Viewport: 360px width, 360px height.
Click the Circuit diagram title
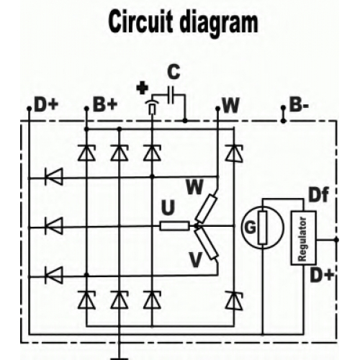(x=183, y=22)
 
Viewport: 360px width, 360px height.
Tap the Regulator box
(x=303, y=238)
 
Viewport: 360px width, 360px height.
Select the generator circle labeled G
(x=263, y=227)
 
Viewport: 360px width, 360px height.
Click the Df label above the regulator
(x=319, y=195)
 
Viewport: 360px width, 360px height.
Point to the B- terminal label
(x=299, y=105)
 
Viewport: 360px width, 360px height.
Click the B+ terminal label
(x=105, y=105)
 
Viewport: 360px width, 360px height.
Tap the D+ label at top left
(x=46, y=105)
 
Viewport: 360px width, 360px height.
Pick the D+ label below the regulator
(x=322, y=274)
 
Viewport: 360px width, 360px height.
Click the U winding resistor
(x=174, y=226)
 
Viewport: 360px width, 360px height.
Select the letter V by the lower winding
(x=196, y=260)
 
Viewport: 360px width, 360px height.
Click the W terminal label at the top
(x=230, y=105)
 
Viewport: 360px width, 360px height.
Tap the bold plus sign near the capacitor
(x=142, y=89)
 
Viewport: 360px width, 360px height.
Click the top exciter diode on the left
(x=54, y=176)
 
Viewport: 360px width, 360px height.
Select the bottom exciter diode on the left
(x=54, y=275)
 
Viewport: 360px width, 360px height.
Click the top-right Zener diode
(x=233, y=153)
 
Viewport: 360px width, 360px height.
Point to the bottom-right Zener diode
(x=233, y=300)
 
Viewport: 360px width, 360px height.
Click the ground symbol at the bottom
(x=120, y=359)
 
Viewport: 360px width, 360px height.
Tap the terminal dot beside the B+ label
(x=86, y=109)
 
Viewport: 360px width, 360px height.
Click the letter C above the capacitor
(x=174, y=72)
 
